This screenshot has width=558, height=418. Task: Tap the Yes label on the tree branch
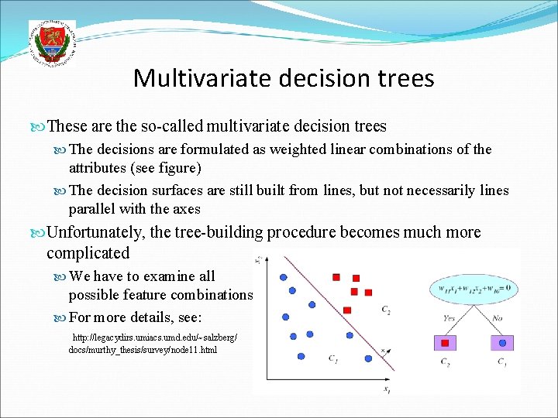[448, 317]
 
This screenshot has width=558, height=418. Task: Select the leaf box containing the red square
[445, 342]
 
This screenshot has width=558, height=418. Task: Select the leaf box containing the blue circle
[502, 342]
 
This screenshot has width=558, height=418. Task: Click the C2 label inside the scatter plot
[386, 310]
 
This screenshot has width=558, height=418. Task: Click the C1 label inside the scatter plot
[332, 358]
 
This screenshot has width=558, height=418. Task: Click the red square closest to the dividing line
[347, 310]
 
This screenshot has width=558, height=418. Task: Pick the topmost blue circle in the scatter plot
[284, 276]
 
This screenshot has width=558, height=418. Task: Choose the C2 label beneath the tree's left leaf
[445, 361]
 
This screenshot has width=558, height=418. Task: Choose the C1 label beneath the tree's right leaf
[502, 361]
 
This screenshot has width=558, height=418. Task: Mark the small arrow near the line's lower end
[383, 352]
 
